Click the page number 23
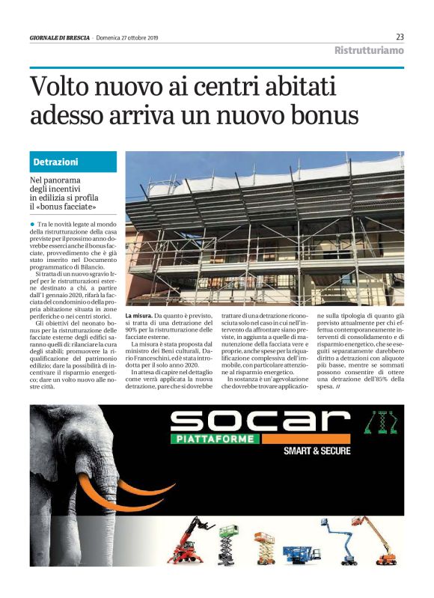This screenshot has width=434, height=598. [x=400, y=37]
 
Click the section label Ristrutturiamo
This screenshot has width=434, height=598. [x=368, y=51]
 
